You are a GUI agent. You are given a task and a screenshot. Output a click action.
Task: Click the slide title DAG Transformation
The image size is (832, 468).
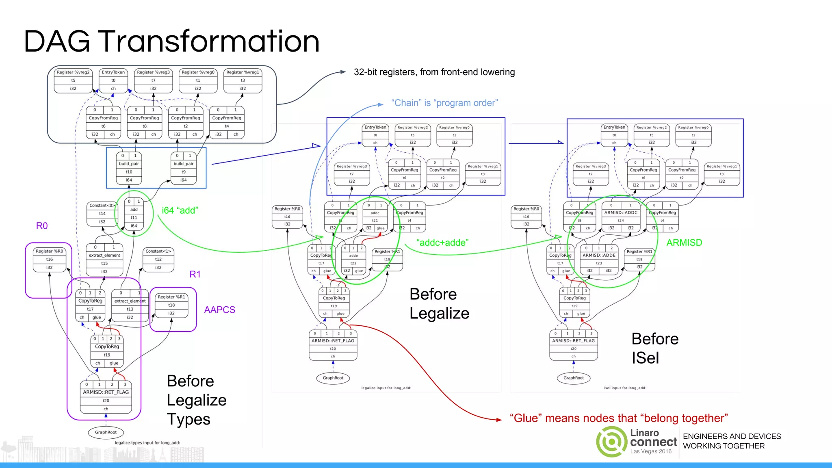(171, 41)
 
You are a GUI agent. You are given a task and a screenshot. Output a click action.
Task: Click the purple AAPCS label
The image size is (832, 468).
(219, 310)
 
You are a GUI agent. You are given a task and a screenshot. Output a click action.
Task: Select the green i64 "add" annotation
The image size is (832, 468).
(180, 210)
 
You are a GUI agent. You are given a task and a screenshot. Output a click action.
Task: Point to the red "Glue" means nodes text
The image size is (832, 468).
(618, 418)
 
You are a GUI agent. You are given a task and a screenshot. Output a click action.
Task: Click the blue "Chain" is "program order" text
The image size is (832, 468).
(444, 103)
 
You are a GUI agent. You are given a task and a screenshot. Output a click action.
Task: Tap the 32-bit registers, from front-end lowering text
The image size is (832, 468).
(434, 72)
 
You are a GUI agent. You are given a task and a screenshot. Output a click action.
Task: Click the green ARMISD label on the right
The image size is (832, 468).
(684, 243)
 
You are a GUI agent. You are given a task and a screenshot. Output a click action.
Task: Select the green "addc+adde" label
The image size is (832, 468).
(442, 243)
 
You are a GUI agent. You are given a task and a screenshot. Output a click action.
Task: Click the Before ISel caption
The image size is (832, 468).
(654, 348)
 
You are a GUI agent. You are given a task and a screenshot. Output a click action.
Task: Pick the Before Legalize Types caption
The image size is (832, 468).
(196, 400)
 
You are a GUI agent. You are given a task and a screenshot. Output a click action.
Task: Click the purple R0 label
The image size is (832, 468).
(42, 226)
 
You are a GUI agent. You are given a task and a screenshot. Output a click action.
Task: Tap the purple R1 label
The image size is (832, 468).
(195, 274)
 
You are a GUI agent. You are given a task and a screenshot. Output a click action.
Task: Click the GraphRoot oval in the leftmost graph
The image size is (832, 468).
(106, 432)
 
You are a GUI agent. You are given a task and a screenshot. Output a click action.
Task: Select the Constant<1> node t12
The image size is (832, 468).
(158, 259)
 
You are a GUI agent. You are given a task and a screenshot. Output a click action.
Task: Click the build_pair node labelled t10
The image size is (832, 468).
(129, 168)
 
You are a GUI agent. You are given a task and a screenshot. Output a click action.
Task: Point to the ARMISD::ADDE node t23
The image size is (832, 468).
(599, 259)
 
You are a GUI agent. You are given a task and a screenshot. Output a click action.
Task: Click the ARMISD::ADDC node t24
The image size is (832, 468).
(621, 217)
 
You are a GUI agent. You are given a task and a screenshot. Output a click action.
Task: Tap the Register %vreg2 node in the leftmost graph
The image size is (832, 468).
(73, 80)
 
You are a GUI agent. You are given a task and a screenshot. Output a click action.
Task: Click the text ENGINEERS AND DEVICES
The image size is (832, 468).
(732, 436)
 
